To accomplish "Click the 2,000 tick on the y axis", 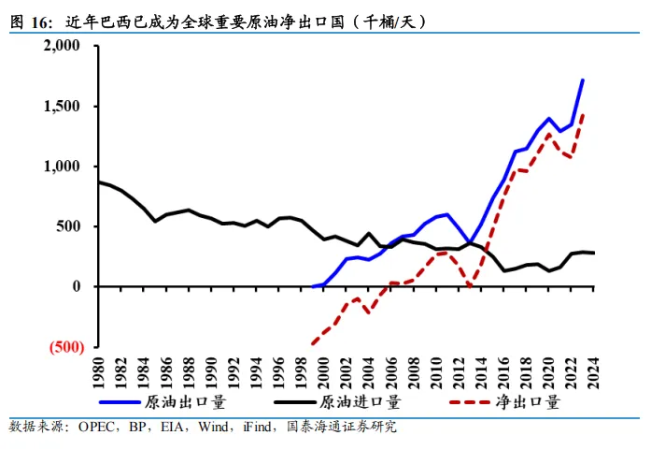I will coord(63,46).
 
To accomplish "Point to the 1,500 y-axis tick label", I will coord(63,106).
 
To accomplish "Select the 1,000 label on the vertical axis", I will coord(63,166).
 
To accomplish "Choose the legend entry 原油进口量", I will coord(361,403).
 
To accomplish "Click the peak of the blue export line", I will coord(583,80).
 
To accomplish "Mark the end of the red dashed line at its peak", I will coord(583,115).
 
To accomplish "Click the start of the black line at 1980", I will coord(100,181).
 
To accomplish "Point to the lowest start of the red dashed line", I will coord(312,343).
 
